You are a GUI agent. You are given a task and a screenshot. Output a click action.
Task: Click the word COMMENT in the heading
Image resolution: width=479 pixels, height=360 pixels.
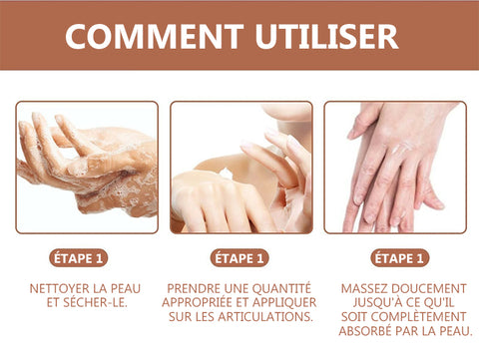[x=155, y=36]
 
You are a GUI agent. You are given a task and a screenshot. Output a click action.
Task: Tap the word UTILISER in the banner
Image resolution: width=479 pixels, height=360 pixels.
[x=327, y=36]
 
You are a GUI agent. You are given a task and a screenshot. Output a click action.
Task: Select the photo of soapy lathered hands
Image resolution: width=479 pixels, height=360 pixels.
[x=87, y=168]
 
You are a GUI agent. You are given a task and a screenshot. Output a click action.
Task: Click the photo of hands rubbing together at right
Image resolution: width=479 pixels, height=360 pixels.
[x=395, y=168]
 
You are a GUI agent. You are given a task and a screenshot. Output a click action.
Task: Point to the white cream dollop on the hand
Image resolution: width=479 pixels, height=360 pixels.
[x=227, y=174]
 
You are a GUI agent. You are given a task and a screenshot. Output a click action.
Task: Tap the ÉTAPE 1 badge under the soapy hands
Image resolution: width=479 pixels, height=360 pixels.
[x=79, y=258]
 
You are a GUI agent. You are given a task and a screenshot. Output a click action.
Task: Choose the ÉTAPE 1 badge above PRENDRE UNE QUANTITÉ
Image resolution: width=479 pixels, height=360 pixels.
[x=239, y=258]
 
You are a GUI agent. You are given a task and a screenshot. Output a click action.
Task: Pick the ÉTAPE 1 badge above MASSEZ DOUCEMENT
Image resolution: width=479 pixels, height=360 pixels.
[x=399, y=258]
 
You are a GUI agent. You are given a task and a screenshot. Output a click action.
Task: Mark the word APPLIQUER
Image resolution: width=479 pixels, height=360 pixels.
[x=284, y=302]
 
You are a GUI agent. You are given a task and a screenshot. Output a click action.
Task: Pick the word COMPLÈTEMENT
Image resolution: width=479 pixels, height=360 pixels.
[x=418, y=317]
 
